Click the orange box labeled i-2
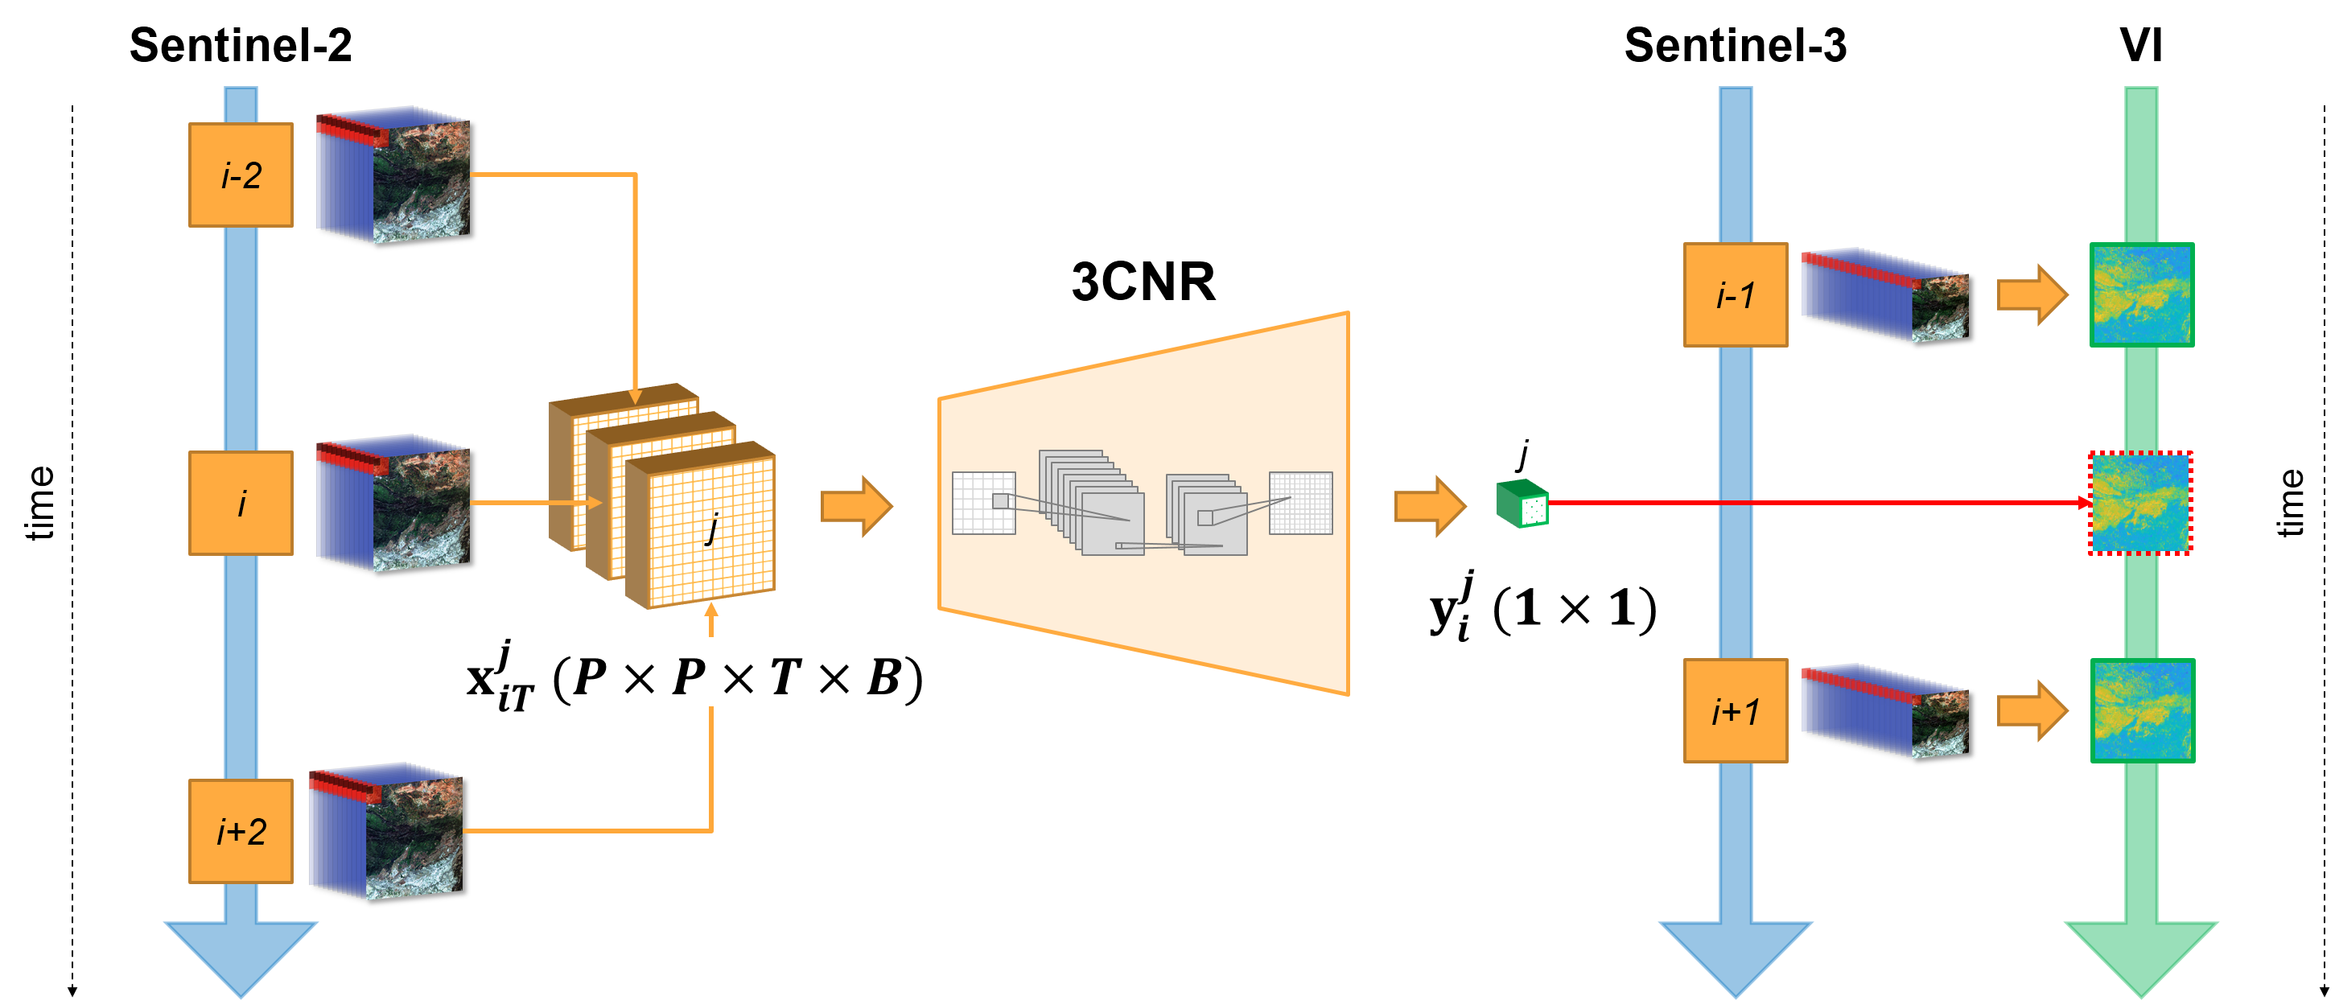tap(241, 175)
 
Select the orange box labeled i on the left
tap(241, 503)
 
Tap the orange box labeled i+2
tap(241, 831)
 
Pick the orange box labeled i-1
tap(1735, 294)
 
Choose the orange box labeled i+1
tap(1735, 710)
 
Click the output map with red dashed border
tap(2140, 503)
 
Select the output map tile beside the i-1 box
tap(2141, 294)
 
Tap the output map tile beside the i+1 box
tap(2141, 710)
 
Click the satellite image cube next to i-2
tap(393, 178)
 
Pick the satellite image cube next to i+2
tap(386, 834)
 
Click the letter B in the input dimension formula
tap(883, 677)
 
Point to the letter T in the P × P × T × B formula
tap(785, 677)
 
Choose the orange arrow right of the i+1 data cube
tap(2032, 710)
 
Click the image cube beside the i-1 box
tap(1884, 294)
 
